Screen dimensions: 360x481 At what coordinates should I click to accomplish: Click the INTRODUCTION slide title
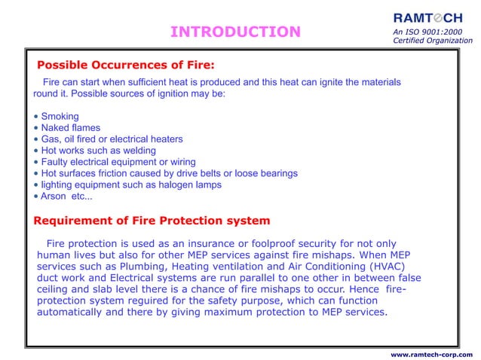pos(234,32)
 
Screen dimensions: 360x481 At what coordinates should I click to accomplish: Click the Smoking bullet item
pos(60,117)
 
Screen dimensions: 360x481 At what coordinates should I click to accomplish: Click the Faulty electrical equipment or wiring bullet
pos(118,162)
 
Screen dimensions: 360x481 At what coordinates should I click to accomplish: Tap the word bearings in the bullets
pos(275,173)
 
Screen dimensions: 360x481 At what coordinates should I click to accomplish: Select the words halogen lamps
pos(188,185)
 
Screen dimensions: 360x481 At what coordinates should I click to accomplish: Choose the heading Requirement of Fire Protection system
pos(152,221)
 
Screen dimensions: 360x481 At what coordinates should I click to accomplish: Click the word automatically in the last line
pos(77,312)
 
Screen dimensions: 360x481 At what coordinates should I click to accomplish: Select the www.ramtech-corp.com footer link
pos(432,353)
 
